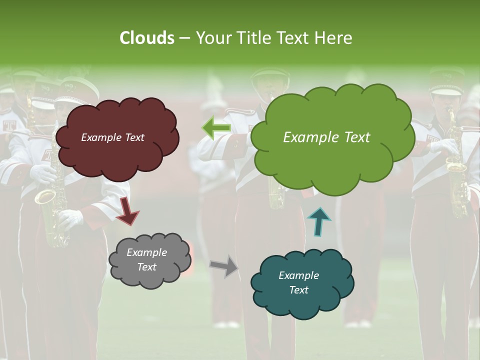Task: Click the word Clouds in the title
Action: tap(146, 38)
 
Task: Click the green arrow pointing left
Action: tap(216, 127)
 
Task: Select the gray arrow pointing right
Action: tap(224, 265)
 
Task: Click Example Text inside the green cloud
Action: tap(326, 137)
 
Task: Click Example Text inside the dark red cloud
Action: tap(112, 137)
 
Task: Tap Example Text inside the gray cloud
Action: tap(146, 259)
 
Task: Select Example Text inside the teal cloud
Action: tap(298, 282)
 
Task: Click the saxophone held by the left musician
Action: tap(47, 210)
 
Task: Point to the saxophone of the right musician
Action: tap(456, 170)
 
